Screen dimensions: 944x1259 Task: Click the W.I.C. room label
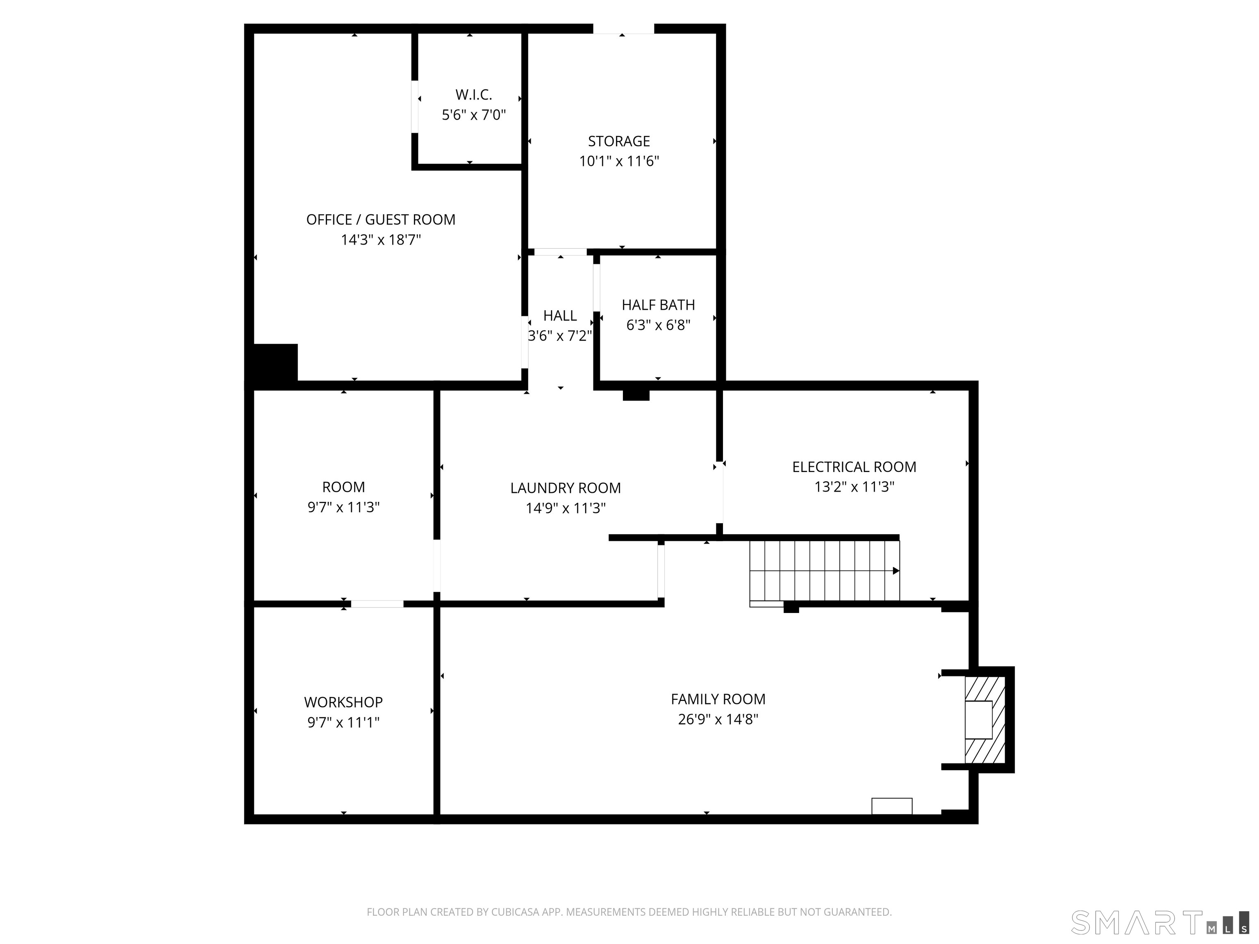(473, 95)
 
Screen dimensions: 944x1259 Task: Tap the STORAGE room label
(619, 141)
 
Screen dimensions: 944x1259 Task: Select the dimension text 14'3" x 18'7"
(381, 240)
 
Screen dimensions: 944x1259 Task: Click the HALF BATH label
(658, 305)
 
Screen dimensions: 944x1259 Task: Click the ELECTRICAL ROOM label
(854, 467)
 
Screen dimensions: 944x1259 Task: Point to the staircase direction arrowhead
(896, 571)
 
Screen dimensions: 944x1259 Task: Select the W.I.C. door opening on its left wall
(415, 107)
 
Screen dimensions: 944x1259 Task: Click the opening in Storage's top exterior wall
(623, 28)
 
